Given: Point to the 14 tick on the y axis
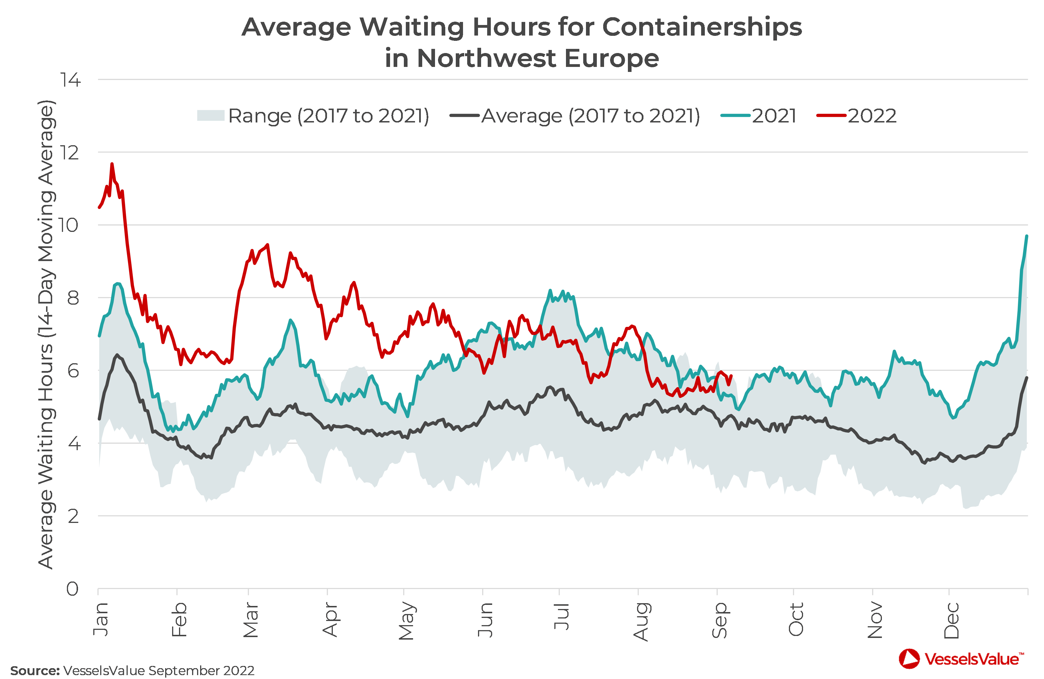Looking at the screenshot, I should pos(70,80).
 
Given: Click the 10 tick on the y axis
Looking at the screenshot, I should pos(69,225).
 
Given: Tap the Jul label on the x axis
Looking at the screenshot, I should pos(562,617).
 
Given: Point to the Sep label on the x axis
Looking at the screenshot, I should pos(720,620).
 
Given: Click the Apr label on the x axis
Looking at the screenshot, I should pos(330,620).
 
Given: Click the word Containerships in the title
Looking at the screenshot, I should pos(702,27).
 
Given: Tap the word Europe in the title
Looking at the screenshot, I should pos(612,58).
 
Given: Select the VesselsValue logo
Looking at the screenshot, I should pos(961,659).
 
